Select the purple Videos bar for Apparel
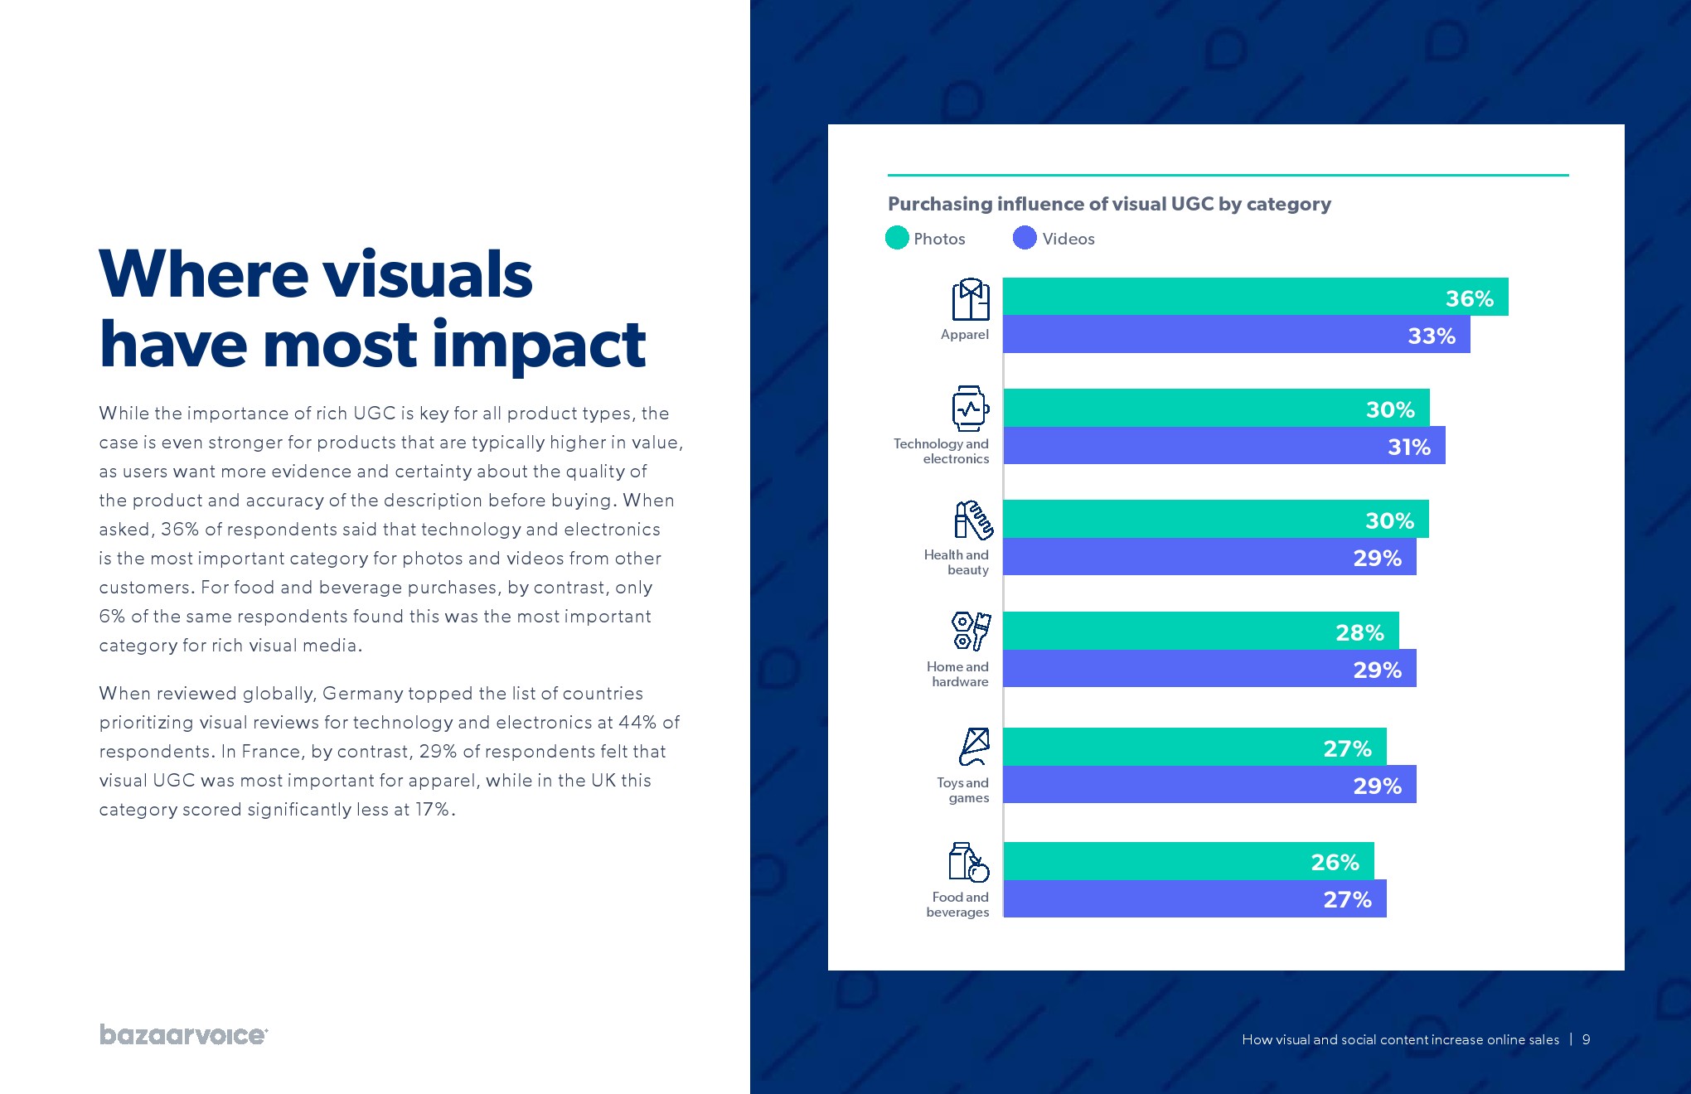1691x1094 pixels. (x=1202, y=334)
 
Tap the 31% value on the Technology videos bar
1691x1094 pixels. (x=1409, y=447)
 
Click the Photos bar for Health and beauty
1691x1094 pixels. (x=1177, y=520)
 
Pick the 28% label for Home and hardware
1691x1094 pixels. (x=1359, y=632)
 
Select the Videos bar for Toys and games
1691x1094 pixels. (x=1177, y=785)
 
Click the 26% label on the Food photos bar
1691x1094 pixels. (x=1335, y=862)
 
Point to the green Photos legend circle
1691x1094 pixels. (x=897, y=238)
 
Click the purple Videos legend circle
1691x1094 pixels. (x=1025, y=238)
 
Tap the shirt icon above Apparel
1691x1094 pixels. (x=970, y=299)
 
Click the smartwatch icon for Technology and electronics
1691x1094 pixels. (x=970, y=409)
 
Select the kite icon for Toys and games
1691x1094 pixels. (x=973, y=747)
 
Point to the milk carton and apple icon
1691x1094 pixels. (x=968, y=863)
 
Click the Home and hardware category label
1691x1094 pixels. (x=958, y=674)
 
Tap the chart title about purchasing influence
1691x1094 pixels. (x=1109, y=204)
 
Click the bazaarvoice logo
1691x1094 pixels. (x=183, y=1035)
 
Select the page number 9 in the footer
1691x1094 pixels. (x=1586, y=1039)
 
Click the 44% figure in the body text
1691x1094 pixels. (x=637, y=723)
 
